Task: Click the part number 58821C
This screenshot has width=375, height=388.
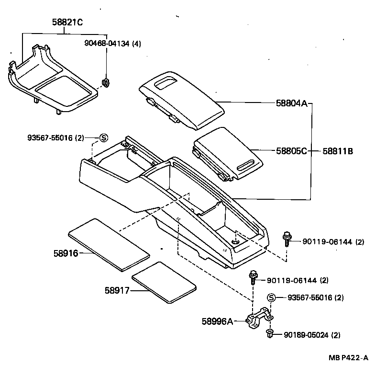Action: (x=67, y=22)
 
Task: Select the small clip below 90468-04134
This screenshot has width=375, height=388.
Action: (x=106, y=83)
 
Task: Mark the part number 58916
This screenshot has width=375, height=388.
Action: (x=66, y=252)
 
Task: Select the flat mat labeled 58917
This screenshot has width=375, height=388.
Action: (x=164, y=283)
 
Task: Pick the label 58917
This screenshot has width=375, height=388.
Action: (x=117, y=290)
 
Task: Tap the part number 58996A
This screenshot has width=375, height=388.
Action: (x=217, y=322)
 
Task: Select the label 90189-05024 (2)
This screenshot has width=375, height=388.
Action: (x=312, y=334)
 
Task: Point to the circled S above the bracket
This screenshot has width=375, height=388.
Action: (x=271, y=298)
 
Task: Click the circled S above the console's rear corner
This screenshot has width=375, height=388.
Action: (x=103, y=138)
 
